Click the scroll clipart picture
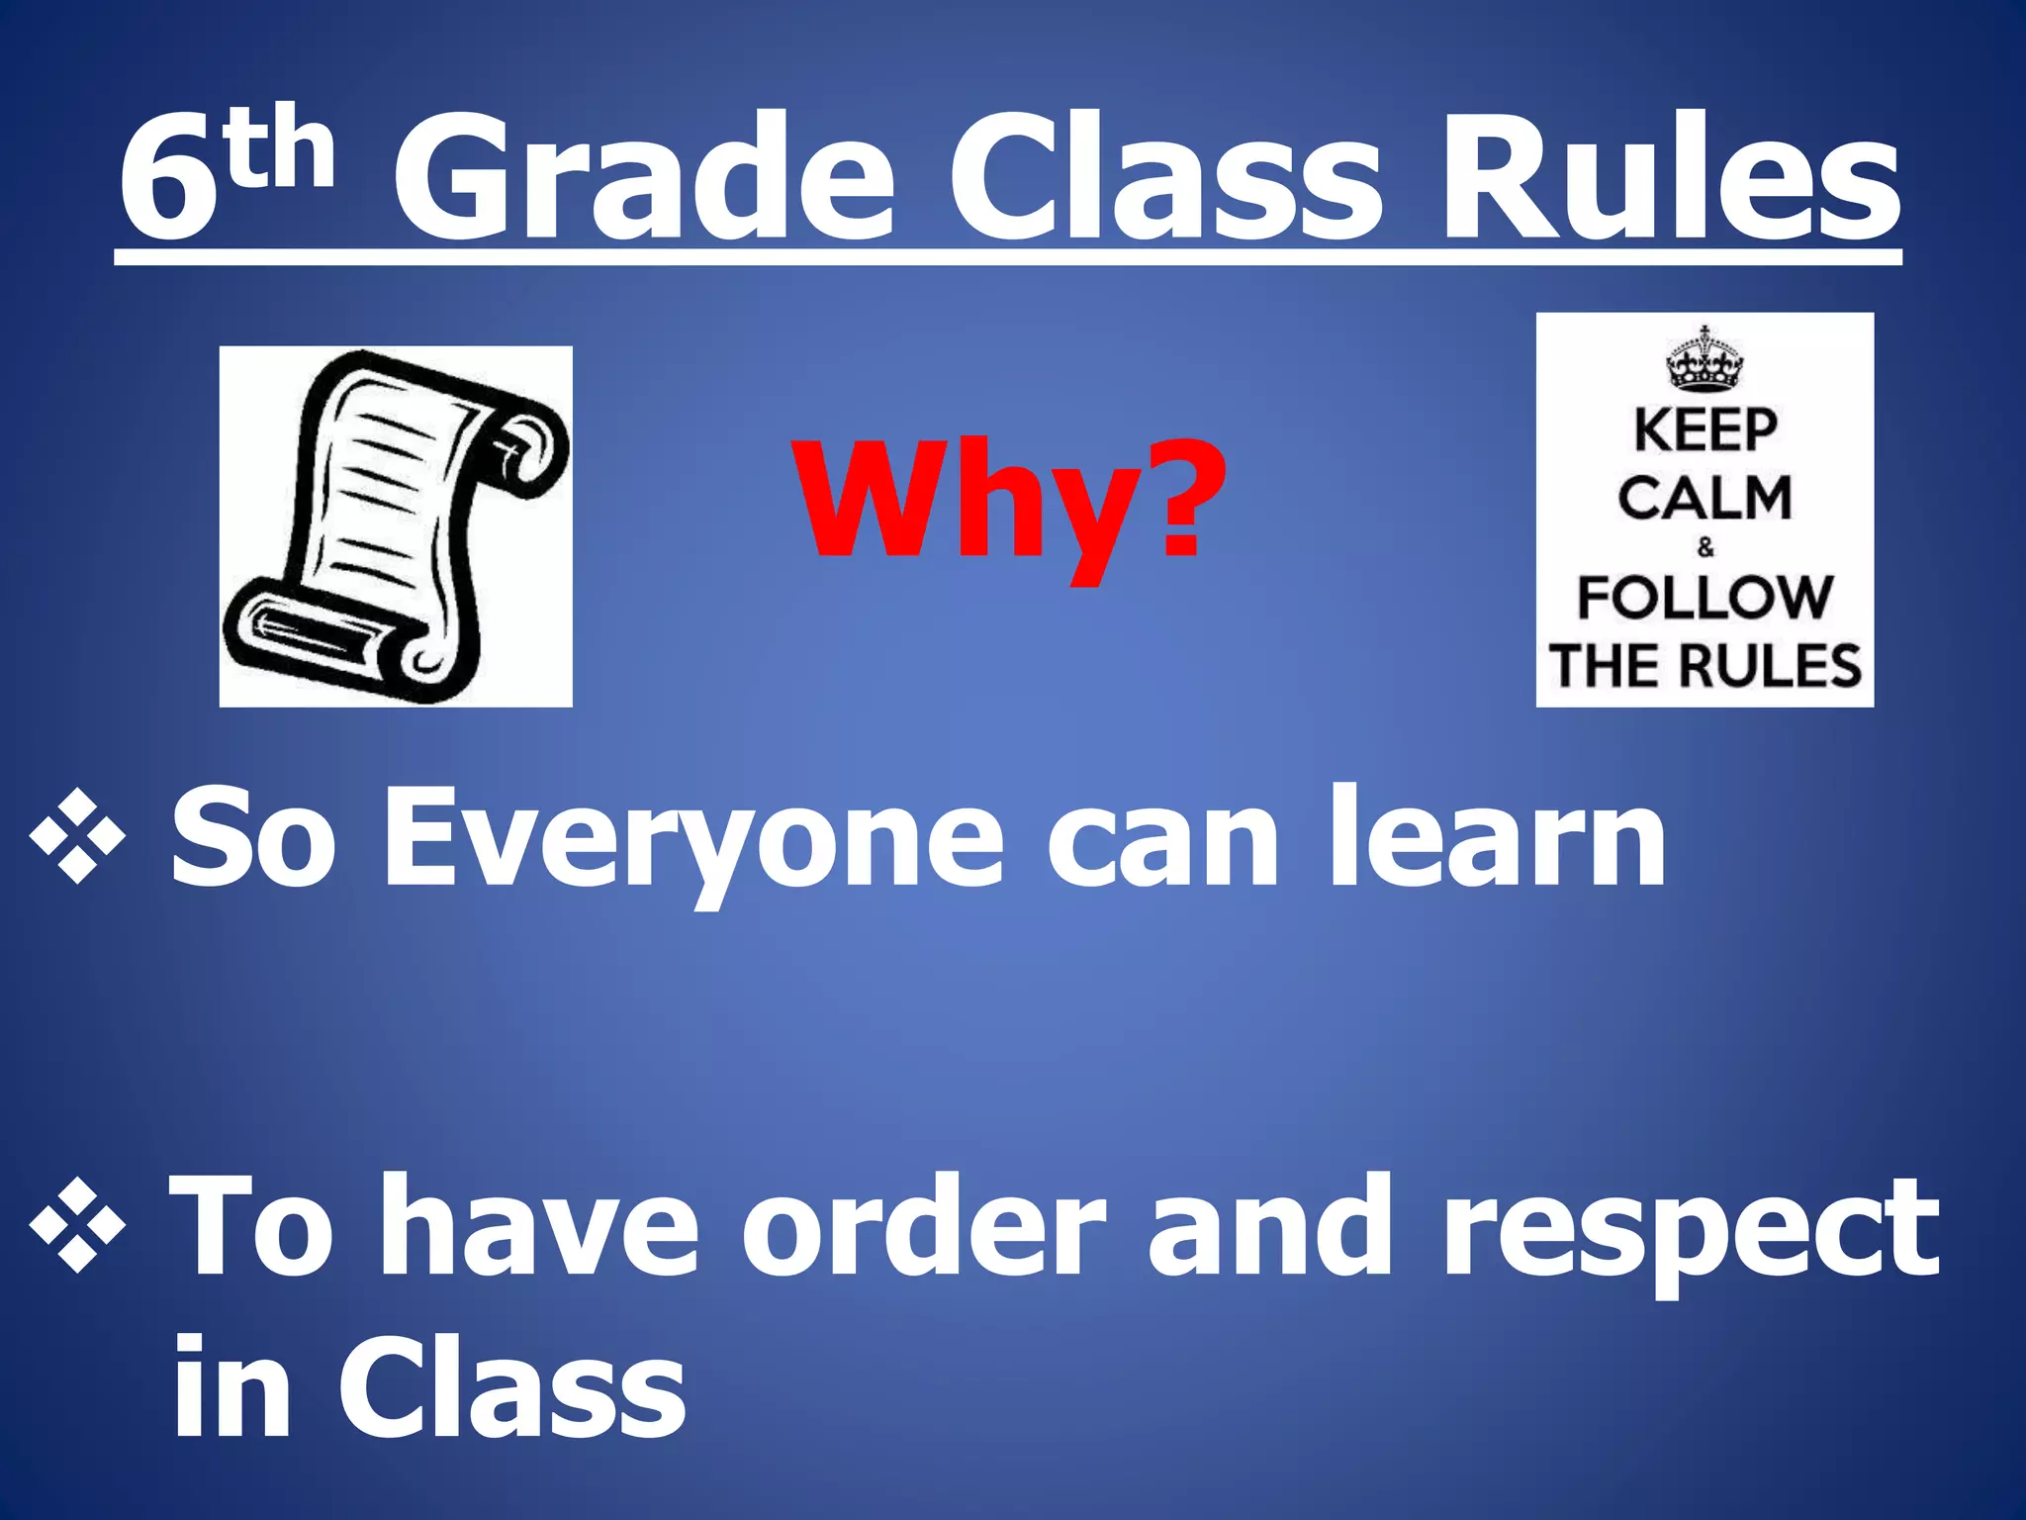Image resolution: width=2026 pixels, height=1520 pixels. click(396, 526)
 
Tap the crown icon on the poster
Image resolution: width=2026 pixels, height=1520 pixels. click(1704, 358)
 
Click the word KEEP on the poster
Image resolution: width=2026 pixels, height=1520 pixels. click(1704, 431)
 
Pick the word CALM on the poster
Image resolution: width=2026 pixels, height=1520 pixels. click(1704, 498)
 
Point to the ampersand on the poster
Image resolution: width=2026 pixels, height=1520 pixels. click(1704, 546)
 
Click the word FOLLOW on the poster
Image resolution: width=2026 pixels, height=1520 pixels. click(1704, 597)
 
